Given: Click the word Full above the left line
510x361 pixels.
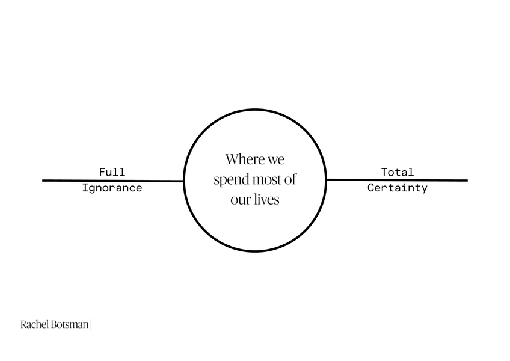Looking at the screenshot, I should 112,173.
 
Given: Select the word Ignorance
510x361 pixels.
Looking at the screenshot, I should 112,188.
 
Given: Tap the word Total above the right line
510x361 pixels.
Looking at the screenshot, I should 397,173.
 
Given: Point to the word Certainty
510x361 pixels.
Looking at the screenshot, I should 397,188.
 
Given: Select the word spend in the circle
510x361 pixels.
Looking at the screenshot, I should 229,180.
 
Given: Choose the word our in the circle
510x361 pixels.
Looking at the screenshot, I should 240,200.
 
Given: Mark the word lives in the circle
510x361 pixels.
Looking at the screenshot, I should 266,199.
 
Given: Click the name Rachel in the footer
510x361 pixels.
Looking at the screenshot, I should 35,325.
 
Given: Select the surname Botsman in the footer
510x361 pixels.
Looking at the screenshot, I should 70,325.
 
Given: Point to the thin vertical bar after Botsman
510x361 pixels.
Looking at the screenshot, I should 90,325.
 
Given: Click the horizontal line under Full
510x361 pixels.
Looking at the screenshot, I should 112,180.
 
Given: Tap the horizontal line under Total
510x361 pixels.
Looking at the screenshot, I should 397,179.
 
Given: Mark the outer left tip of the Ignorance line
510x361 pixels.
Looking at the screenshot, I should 43,180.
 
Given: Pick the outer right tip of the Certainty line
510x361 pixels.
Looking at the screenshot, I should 466,180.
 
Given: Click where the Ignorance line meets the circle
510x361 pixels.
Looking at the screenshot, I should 184,180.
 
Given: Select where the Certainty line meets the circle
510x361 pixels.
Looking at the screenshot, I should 326,179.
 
